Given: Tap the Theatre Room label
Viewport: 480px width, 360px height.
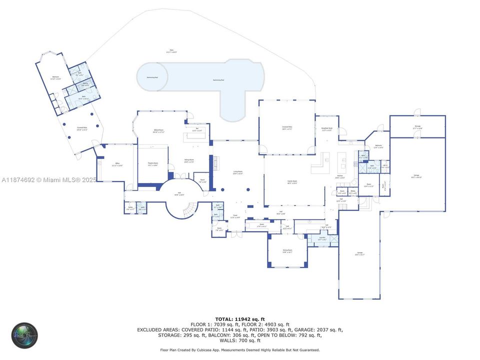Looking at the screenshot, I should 152,164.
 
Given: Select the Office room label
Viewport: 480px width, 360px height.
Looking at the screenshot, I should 117,164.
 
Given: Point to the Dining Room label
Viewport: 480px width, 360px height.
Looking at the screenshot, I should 287,250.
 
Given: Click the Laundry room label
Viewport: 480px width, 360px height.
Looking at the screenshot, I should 322,238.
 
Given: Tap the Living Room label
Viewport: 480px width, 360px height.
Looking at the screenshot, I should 238,172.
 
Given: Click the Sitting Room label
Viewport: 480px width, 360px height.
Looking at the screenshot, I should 189,161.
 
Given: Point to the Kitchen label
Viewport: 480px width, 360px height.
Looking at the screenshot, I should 340,176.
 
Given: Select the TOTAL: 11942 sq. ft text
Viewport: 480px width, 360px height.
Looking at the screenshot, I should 240,319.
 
